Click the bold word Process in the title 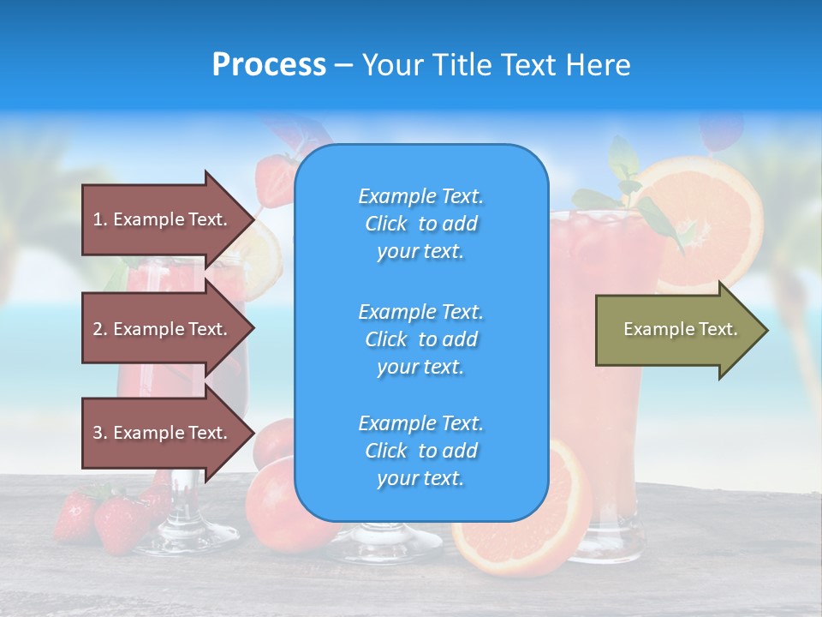[x=269, y=65]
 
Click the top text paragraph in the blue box [x=420, y=224]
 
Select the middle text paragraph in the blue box [x=420, y=339]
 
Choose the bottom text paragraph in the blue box [x=420, y=451]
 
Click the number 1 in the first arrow [x=98, y=219]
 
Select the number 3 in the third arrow [x=98, y=433]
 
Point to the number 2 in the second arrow [x=98, y=329]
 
